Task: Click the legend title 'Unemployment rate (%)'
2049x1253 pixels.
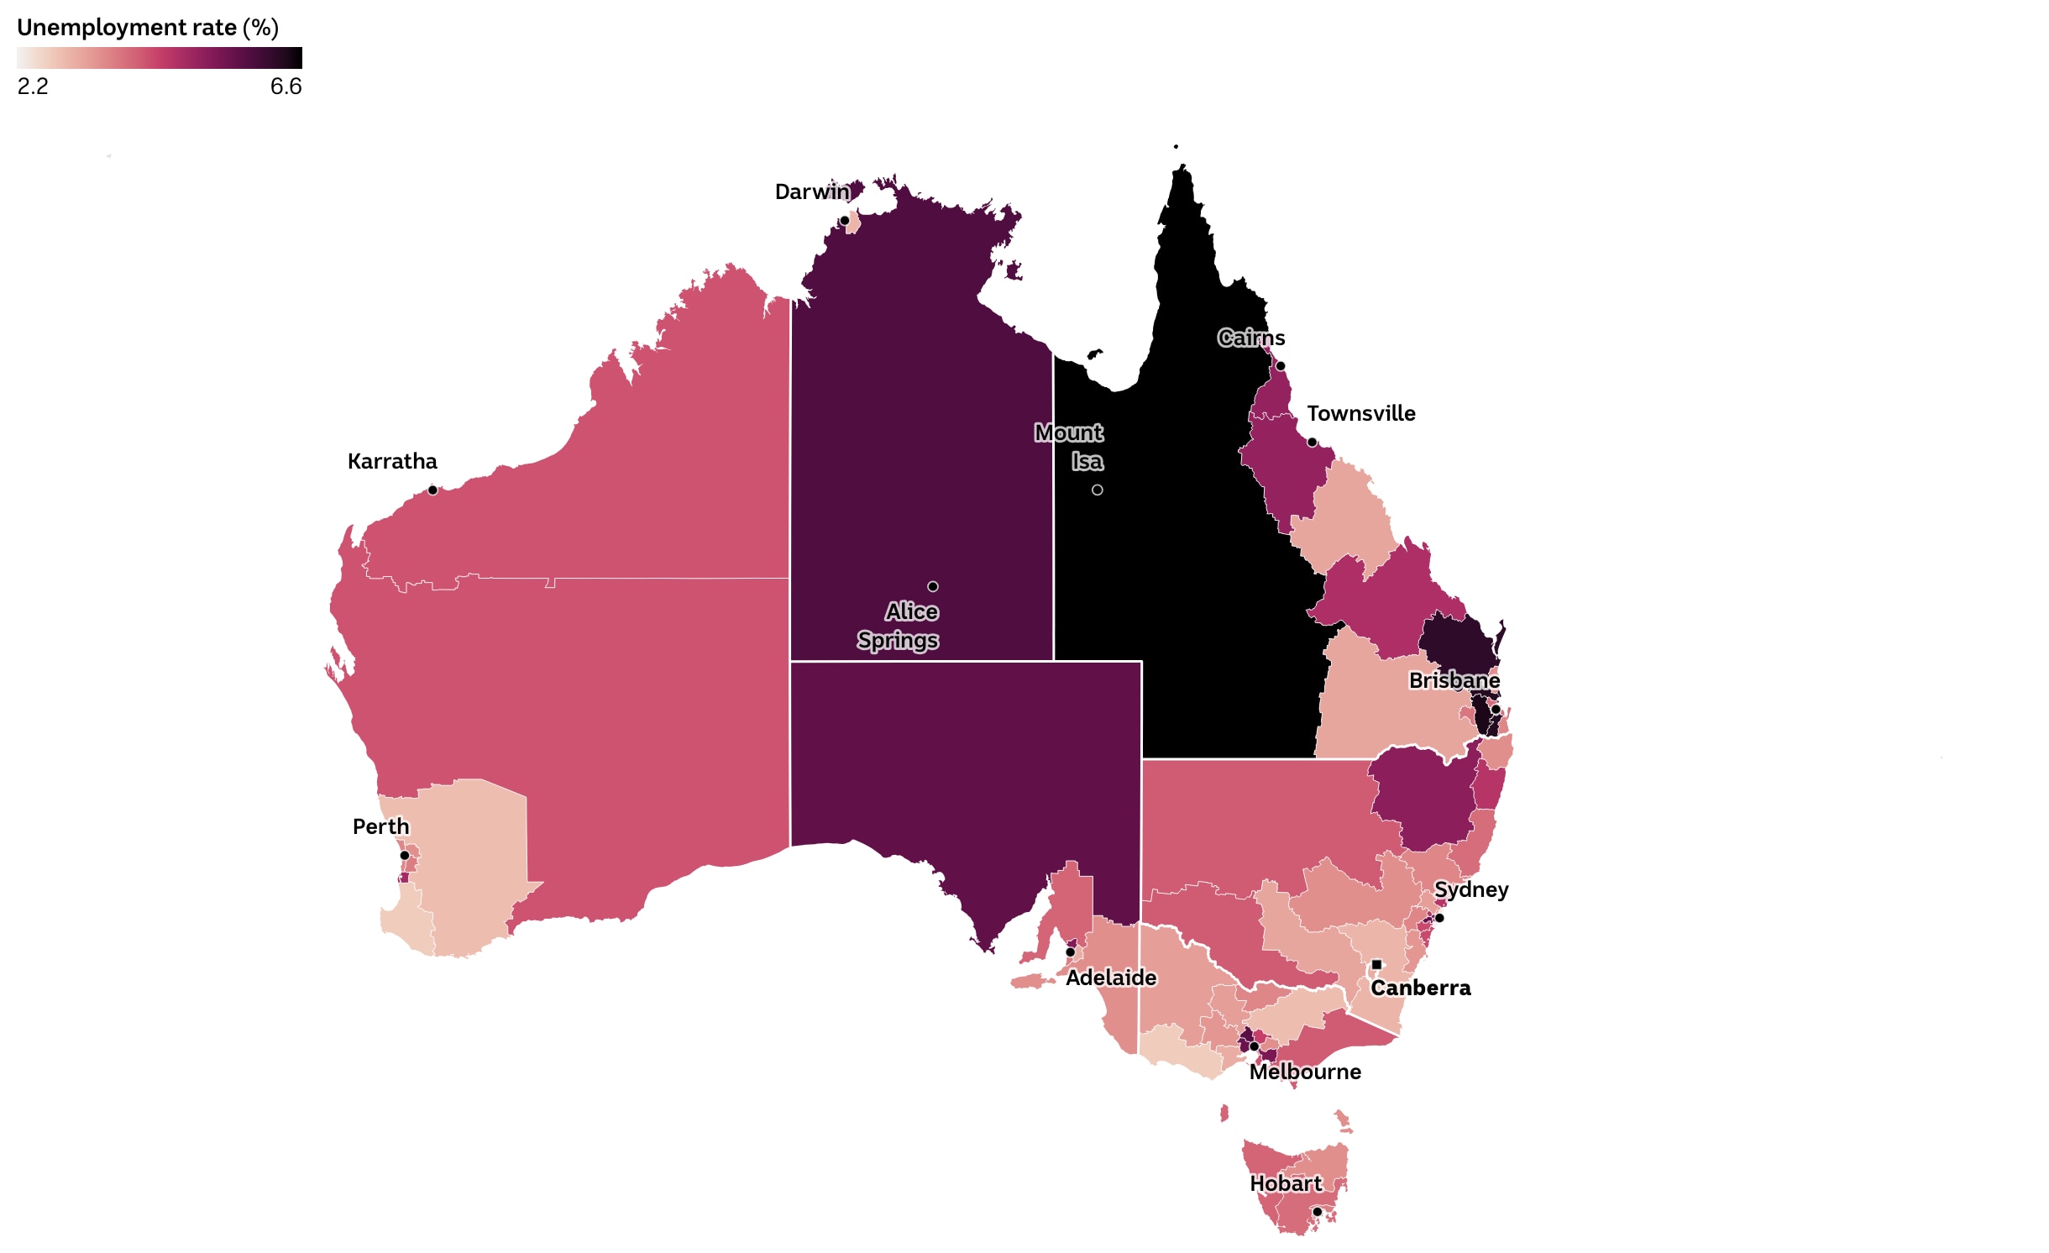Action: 148,28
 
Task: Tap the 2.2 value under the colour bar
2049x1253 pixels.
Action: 33,87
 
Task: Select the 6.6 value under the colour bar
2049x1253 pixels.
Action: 286,87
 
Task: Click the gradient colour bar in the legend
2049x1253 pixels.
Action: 160,58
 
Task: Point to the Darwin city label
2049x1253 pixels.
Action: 811,192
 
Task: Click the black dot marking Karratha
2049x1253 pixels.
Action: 432,490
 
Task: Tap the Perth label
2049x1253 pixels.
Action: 380,827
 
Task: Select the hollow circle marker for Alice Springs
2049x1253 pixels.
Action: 932,587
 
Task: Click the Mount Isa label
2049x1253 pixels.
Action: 1070,447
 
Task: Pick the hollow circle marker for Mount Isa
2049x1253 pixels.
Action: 1097,490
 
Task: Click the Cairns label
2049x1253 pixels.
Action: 1251,338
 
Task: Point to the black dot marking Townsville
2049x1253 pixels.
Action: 1312,443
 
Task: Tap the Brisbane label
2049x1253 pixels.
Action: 1454,681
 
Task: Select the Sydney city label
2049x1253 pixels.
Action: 1470,890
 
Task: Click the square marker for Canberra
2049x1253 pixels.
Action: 1376,965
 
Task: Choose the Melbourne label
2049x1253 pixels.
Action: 1305,1072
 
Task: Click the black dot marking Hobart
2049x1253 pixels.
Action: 1317,1212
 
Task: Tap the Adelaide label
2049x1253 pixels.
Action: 1110,978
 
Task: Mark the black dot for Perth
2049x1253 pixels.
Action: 404,856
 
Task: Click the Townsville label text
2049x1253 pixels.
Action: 1360,414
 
